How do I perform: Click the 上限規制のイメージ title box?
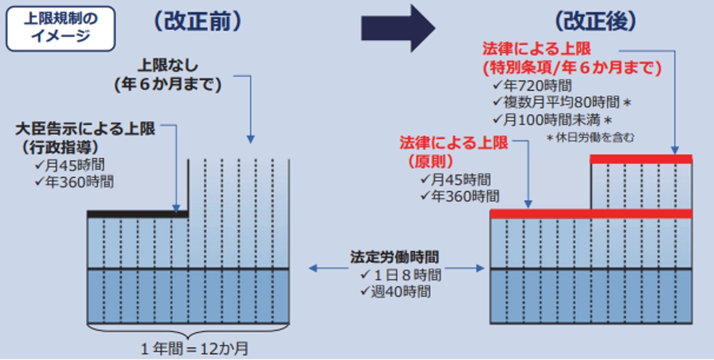[61, 29]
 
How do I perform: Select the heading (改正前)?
[198, 21]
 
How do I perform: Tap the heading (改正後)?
[596, 21]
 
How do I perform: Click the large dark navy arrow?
[398, 28]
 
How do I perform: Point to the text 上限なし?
[168, 65]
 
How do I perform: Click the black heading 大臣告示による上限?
[85, 129]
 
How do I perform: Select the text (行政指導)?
[60, 147]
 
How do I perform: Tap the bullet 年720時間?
[532, 86]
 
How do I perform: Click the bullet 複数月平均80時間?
[562, 103]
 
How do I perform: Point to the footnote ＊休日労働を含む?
[590, 137]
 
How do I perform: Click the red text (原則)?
[431, 162]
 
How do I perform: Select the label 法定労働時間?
[394, 257]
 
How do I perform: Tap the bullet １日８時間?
[400, 275]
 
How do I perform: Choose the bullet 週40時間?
[395, 292]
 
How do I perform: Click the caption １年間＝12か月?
[194, 349]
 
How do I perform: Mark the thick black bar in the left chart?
[137, 214]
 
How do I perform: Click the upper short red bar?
[641, 159]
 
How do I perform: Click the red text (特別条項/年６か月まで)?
[572, 68]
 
